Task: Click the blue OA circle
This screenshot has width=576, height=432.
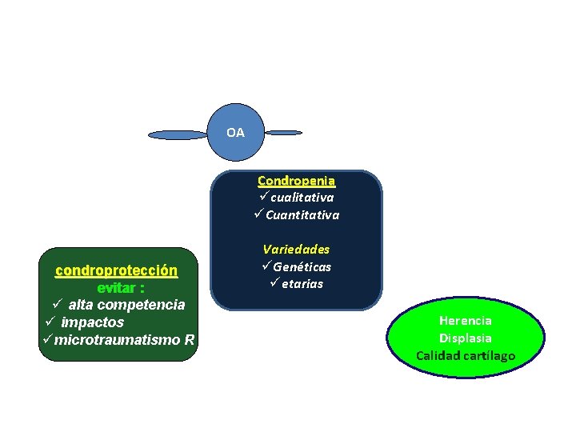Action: click(x=235, y=131)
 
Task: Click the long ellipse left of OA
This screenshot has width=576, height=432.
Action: click(x=178, y=135)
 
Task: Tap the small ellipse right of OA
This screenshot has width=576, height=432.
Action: click(x=283, y=132)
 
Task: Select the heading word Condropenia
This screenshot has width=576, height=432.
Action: click(x=296, y=181)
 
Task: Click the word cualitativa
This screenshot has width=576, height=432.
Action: click(x=302, y=197)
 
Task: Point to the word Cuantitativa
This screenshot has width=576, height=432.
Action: click(x=302, y=214)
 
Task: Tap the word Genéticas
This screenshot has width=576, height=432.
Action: click(x=302, y=266)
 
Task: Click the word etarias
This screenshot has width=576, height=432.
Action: click(x=302, y=284)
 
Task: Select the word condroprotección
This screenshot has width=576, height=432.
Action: click(x=116, y=270)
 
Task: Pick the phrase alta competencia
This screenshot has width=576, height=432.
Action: click(x=126, y=305)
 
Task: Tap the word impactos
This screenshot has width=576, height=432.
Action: click(x=93, y=322)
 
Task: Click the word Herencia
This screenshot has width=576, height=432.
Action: click(x=466, y=321)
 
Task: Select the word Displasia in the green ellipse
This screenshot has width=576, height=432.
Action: click(x=466, y=338)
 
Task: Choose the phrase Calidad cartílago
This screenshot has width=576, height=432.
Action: click(x=466, y=355)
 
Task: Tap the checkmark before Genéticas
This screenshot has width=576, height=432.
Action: click(x=266, y=266)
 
